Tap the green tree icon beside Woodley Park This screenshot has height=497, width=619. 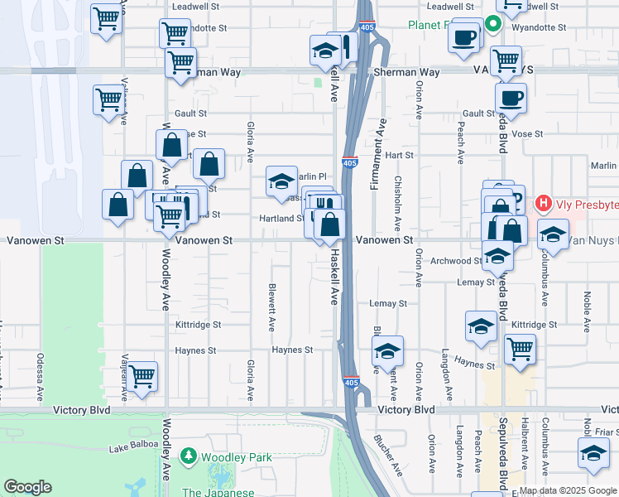[190, 456]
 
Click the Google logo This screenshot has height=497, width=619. [27, 487]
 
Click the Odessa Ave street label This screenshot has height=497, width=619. [39, 373]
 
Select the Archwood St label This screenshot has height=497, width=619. [456, 261]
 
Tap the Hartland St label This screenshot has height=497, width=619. [282, 219]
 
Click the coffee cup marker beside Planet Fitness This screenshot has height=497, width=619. [464, 38]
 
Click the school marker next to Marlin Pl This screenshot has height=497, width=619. [281, 181]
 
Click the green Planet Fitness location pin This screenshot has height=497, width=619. [492, 25]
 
